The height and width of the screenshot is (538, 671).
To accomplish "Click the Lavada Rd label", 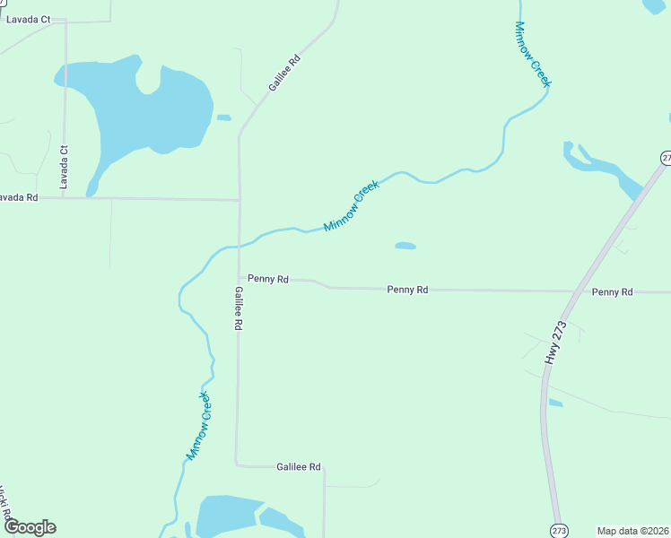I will [19, 197].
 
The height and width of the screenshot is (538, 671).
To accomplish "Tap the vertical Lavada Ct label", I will [64, 167].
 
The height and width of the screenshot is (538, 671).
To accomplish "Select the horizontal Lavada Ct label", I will [28, 19].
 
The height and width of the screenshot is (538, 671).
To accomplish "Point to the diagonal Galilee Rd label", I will [283, 74].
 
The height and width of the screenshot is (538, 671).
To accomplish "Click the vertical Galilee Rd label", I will [239, 309].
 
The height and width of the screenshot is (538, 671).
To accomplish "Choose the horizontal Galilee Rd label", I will [299, 467].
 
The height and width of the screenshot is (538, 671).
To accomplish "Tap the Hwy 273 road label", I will [556, 342].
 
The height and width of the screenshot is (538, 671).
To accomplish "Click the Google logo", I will [30, 527].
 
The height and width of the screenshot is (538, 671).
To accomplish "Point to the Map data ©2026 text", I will [632, 530].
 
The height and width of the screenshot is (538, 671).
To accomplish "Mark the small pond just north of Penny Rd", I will [405, 245].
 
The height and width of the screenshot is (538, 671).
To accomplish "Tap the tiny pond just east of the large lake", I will [223, 117].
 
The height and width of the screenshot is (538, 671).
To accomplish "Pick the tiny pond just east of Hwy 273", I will [555, 403].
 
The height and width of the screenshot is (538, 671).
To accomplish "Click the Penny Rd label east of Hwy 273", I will [613, 292].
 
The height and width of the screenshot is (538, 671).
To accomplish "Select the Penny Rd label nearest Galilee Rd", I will [268, 280].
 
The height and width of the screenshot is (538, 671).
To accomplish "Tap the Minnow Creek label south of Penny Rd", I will [198, 425].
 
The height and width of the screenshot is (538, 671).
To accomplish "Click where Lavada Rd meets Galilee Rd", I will [240, 199].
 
